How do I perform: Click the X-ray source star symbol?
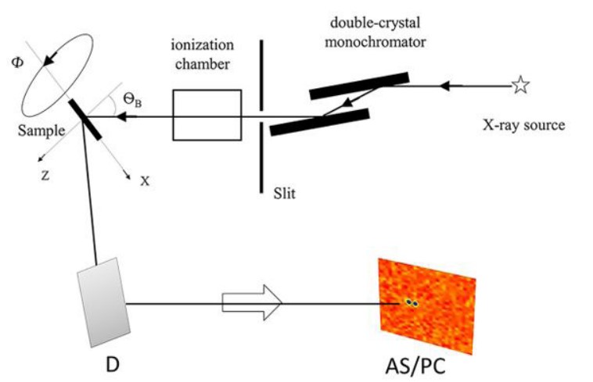coord(520,85)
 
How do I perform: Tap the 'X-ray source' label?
coord(523,124)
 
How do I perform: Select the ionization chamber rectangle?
coord(207,115)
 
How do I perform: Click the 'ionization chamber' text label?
coord(202,56)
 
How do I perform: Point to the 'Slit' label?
coord(285,191)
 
